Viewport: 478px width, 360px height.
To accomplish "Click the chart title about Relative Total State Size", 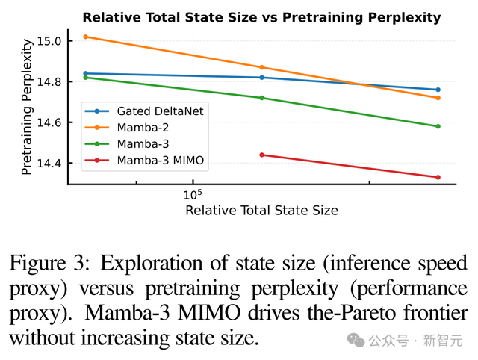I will pos(261,16).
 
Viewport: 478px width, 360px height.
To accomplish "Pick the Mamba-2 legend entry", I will pos(142,127).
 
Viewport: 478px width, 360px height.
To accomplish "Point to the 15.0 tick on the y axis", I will pos(51,41).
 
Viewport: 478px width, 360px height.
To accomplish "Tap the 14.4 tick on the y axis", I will pos(51,163).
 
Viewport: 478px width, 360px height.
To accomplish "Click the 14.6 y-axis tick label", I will pos(51,122).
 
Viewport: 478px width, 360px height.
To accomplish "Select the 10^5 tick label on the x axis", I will pos(193,194).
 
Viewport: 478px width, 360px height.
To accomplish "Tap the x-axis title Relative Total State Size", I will pos(261,211).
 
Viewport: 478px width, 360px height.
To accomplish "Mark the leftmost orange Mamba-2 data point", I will pos(86,36).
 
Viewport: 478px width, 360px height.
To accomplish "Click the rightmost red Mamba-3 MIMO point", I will pos(438,177).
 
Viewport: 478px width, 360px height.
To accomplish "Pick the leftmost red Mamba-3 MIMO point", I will pos(261,155).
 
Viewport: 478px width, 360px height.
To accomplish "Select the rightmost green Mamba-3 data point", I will pos(438,126).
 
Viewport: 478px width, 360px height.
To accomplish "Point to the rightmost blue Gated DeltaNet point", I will pos(438,90).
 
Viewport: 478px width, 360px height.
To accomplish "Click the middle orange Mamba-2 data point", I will pos(261,67).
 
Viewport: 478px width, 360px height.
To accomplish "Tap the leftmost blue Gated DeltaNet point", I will pos(86,73).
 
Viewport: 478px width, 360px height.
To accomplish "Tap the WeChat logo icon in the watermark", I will pos(357,341).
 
